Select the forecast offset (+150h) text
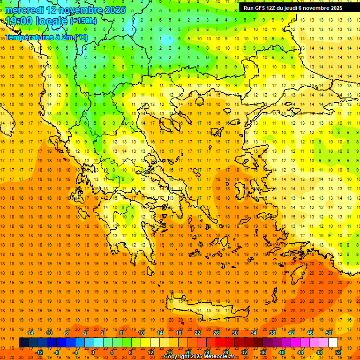(83, 21)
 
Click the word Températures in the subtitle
(27, 37)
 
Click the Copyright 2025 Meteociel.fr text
(199, 357)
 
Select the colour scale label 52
(338, 352)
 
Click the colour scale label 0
(93, 352)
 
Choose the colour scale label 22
(197, 333)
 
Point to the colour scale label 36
(263, 352)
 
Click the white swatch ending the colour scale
(333, 343)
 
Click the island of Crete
(206, 309)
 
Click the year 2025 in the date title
(114, 10)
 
